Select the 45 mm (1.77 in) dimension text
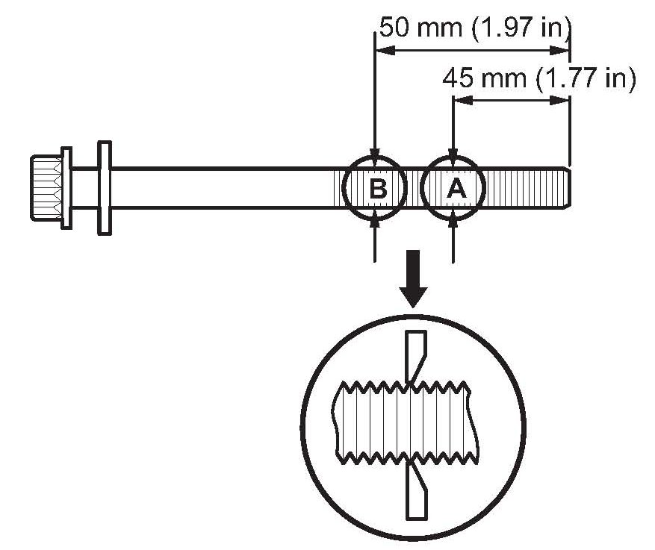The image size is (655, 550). coord(538,78)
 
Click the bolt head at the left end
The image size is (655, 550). coord(45,187)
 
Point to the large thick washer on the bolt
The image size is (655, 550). coord(104,187)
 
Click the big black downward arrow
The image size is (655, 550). coord(413,287)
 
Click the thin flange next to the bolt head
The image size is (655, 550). coord(66,187)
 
